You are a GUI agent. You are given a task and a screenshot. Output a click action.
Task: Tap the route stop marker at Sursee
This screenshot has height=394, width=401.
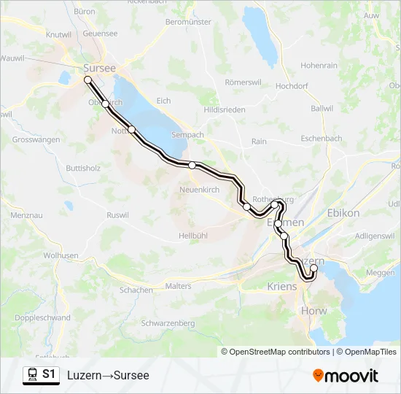(x=87, y=80)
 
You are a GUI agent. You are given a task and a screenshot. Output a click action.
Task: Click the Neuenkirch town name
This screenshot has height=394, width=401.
(x=199, y=190)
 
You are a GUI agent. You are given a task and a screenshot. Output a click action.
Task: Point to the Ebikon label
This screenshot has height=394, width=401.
(x=344, y=213)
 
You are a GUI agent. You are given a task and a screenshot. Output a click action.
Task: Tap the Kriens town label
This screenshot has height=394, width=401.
(x=282, y=287)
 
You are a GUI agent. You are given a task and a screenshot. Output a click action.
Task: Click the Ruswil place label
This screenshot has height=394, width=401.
(x=117, y=215)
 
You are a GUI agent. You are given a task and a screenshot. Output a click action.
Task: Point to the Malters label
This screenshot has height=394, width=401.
(x=179, y=287)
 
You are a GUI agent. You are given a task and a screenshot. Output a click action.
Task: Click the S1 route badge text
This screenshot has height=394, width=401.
(x=49, y=375)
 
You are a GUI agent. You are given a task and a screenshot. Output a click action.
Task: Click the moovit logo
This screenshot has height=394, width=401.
(x=346, y=376)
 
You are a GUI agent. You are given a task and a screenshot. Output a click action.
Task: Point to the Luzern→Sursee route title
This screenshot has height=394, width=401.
(x=108, y=376)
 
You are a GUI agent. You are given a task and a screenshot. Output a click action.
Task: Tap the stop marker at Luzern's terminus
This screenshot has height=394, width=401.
(x=314, y=268)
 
